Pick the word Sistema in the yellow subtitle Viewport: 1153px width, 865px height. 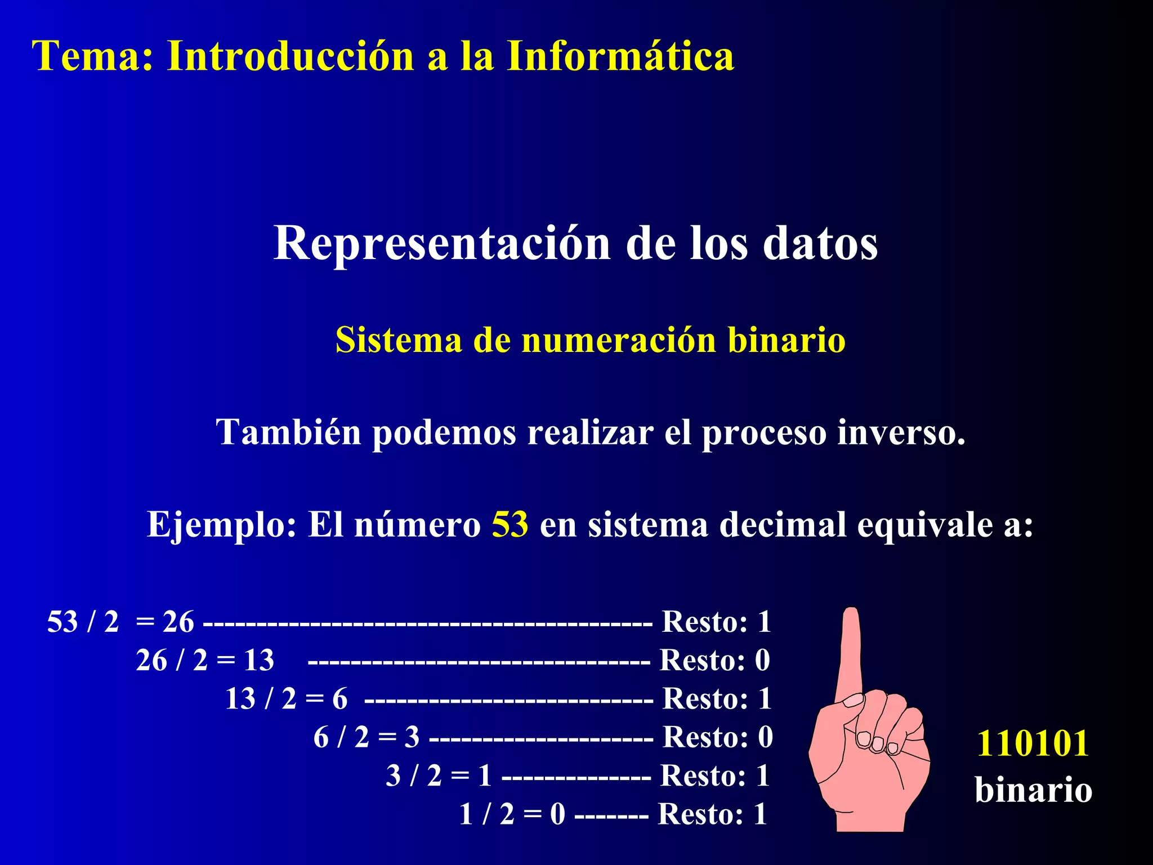[399, 340]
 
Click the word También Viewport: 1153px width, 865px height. [288, 432]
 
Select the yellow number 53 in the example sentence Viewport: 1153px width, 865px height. [510, 524]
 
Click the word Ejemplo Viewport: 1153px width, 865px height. [221, 524]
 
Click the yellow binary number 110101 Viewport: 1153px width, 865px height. [1033, 743]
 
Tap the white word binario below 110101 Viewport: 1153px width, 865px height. [1034, 790]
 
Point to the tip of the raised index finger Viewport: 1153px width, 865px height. [851, 614]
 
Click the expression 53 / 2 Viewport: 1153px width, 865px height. [83, 622]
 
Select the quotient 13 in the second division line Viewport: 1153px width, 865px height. [259, 660]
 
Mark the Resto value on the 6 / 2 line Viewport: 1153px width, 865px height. [765, 737]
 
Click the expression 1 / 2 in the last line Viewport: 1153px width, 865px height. [486, 814]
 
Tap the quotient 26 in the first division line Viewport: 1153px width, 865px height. [178, 622]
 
